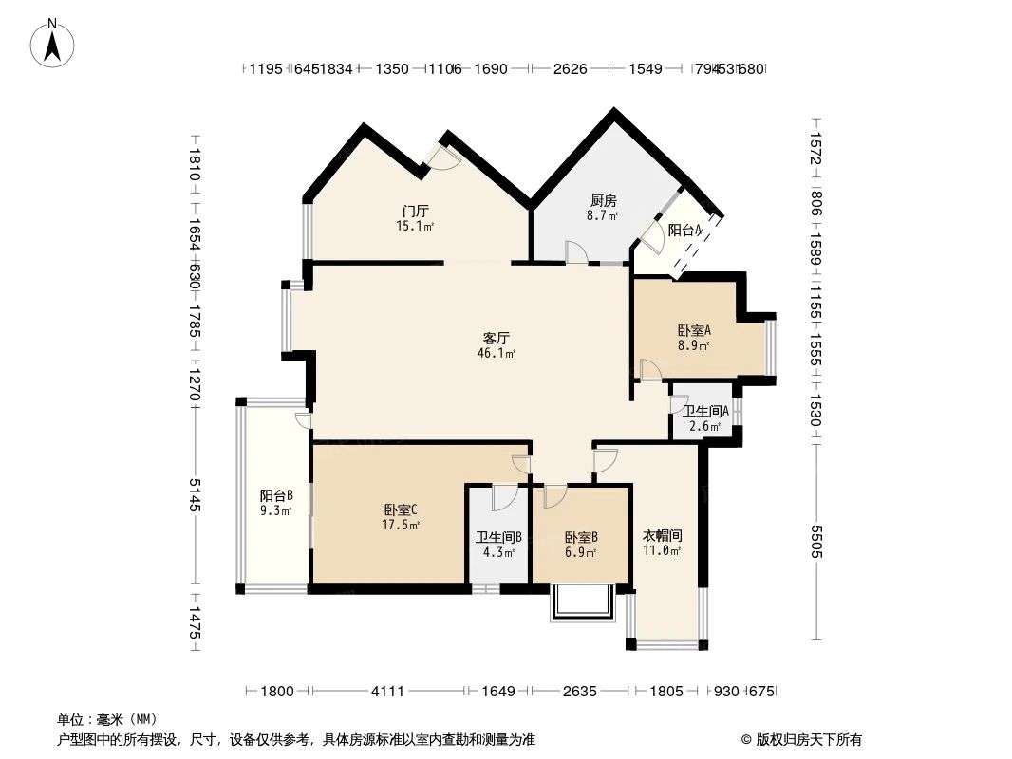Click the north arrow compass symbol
point(54,42)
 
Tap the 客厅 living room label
point(497,338)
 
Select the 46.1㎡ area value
point(497,354)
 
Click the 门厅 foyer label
point(415,211)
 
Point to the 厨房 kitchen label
point(604,201)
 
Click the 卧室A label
point(694,330)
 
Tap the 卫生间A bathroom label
point(705,411)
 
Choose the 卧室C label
point(401,509)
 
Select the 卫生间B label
point(497,537)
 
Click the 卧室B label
point(580,537)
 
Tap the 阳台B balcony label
point(276,495)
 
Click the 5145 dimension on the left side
point(195,494)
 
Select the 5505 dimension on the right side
point(816,541)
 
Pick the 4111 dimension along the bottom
point(387,692)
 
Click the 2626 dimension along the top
point(570,69)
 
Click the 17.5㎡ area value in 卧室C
point(401,524)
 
